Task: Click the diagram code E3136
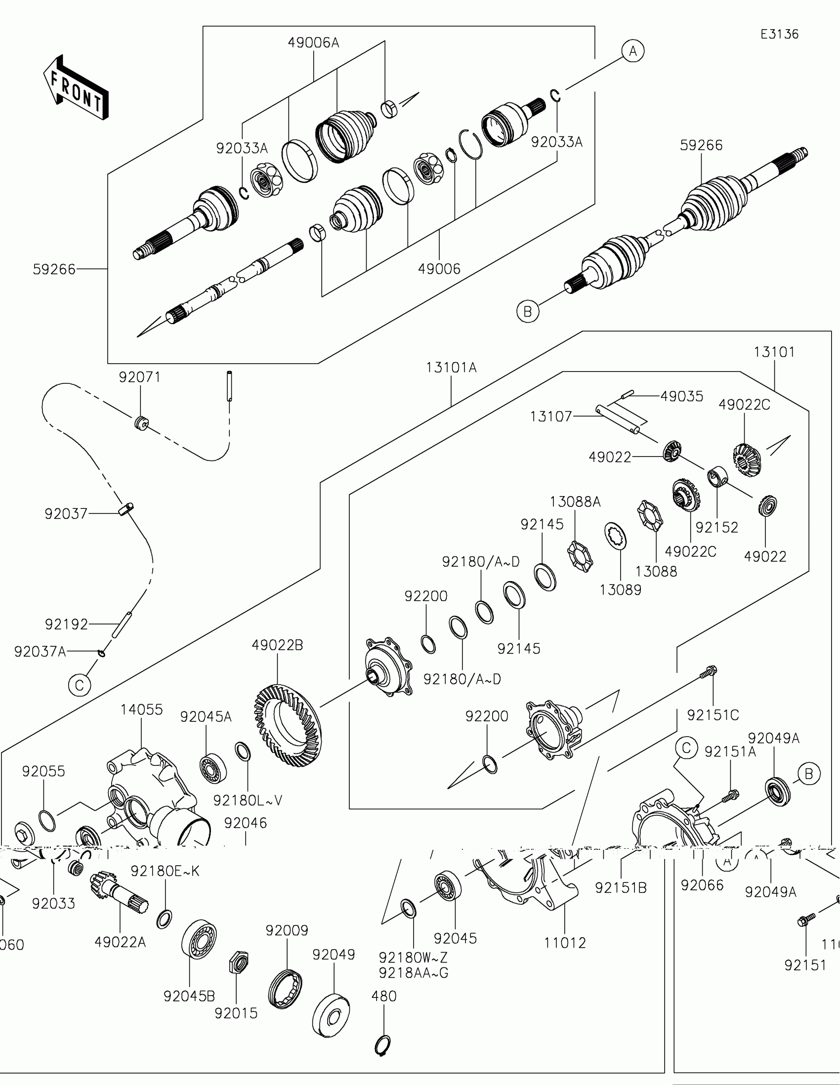[779, 34]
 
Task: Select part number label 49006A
[313, 43]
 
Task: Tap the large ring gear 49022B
[288, 725]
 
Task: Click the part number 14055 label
[142, 709]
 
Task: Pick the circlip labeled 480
[382, 1045]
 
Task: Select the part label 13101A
[451, 368]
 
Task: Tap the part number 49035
[681, 396]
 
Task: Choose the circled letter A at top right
[633, 51]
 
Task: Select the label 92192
[67, 625]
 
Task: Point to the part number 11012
[565, 943]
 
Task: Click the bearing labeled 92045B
[199, 939]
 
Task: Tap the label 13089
[621, 590]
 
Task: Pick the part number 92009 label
[287, 930]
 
